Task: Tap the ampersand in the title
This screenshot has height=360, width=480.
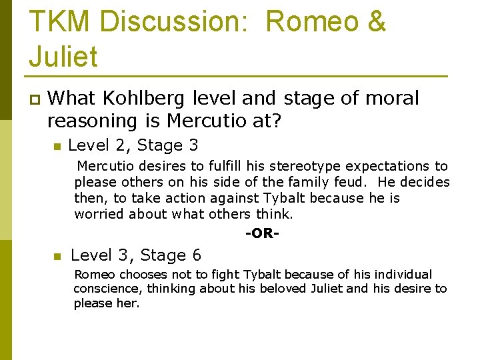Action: (x=375, y=21)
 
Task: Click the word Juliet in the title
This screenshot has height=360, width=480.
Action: (x=63, y=56)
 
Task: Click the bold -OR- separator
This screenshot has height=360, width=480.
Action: (x=262, y=233)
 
